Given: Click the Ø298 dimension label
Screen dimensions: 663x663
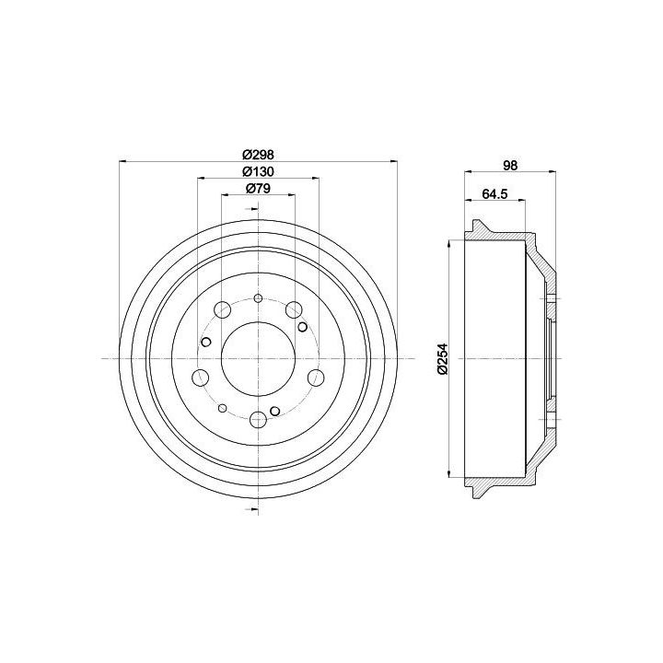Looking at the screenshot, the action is point(258,155).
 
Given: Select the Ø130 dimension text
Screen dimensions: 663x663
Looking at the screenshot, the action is point(258,171).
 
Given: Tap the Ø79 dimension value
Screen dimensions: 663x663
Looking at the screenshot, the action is point(258,189).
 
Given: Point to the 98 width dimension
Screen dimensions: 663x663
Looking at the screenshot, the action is point(510,166).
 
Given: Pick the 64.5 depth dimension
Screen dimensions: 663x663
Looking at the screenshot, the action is point(494,194).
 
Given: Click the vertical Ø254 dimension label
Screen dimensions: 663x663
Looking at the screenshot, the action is point(442,358).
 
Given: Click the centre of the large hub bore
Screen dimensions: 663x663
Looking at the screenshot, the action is point(258,358).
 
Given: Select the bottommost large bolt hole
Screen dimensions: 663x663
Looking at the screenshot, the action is point(258,419).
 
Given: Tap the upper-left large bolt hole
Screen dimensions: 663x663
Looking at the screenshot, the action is point(223,309).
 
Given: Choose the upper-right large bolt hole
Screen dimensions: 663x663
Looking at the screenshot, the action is point(294,309).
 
